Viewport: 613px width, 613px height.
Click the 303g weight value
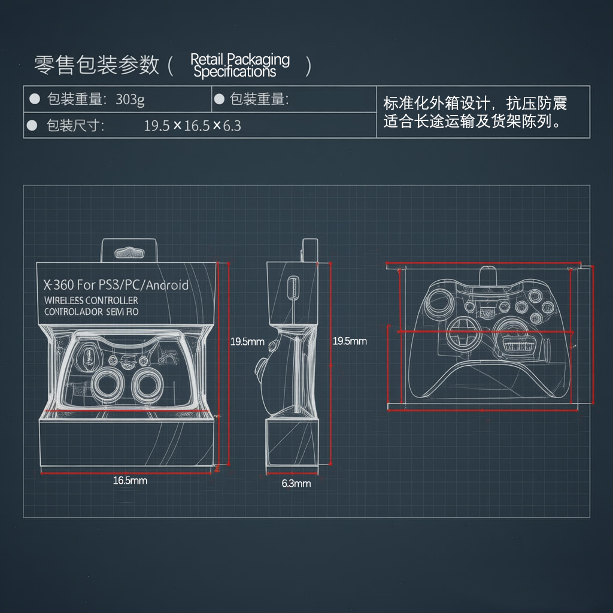[x=130, y=99]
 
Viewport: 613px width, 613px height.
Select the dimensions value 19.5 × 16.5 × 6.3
[x=192, y=126]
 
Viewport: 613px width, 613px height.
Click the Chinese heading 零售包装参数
[x=96, y=65]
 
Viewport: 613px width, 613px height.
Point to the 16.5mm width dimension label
[x=130, y=481]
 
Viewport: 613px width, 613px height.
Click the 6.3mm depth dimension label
[x=296, y=484]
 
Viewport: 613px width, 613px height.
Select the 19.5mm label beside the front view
[x=247, y=342]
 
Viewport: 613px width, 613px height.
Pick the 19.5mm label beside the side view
[x=350, y=341]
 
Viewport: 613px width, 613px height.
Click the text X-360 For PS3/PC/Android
[x=116, y=285]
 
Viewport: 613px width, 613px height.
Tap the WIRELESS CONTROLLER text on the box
[x=91, y=300]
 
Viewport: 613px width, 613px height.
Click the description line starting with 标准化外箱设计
[x=475, y=103]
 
